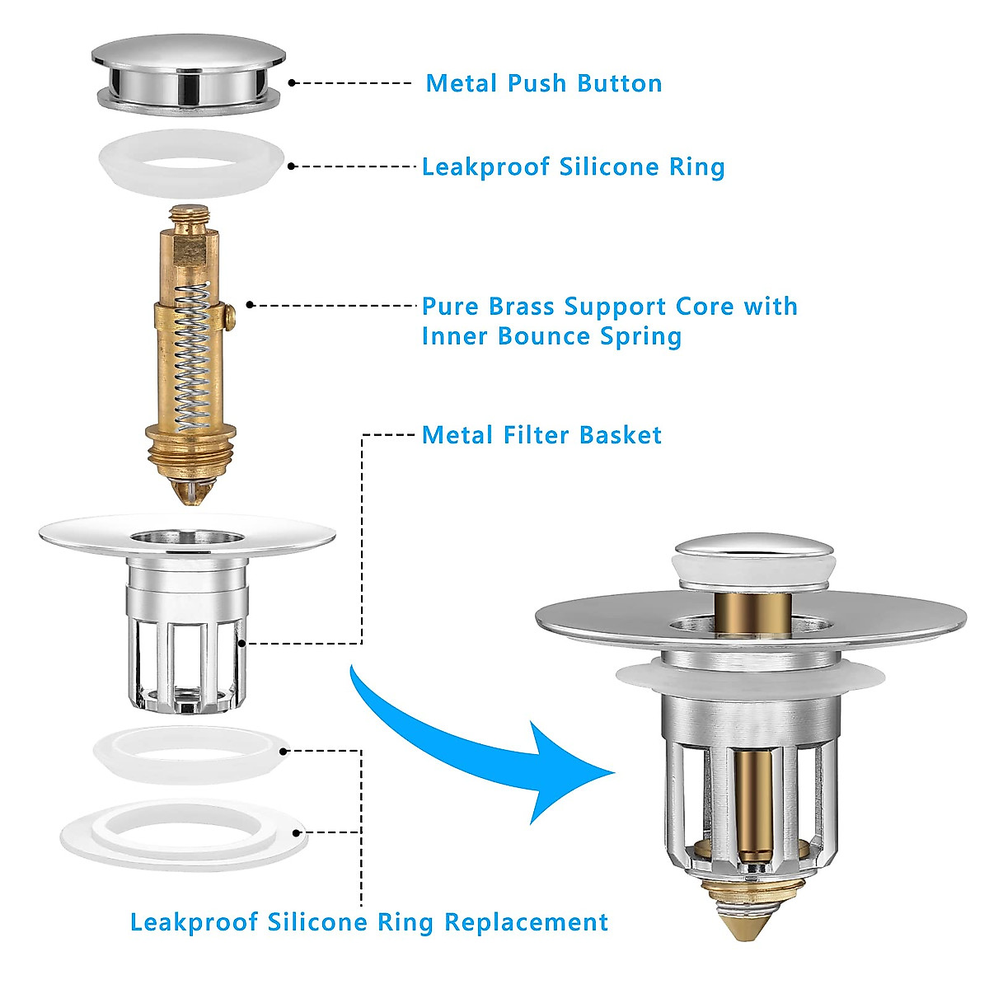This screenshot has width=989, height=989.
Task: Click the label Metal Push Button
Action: click(543, 83)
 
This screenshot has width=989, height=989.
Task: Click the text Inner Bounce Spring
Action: click(551, 336)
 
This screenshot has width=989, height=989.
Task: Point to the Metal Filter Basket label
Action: click(541, 435)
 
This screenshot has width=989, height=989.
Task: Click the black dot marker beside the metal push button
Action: click(293, 82)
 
